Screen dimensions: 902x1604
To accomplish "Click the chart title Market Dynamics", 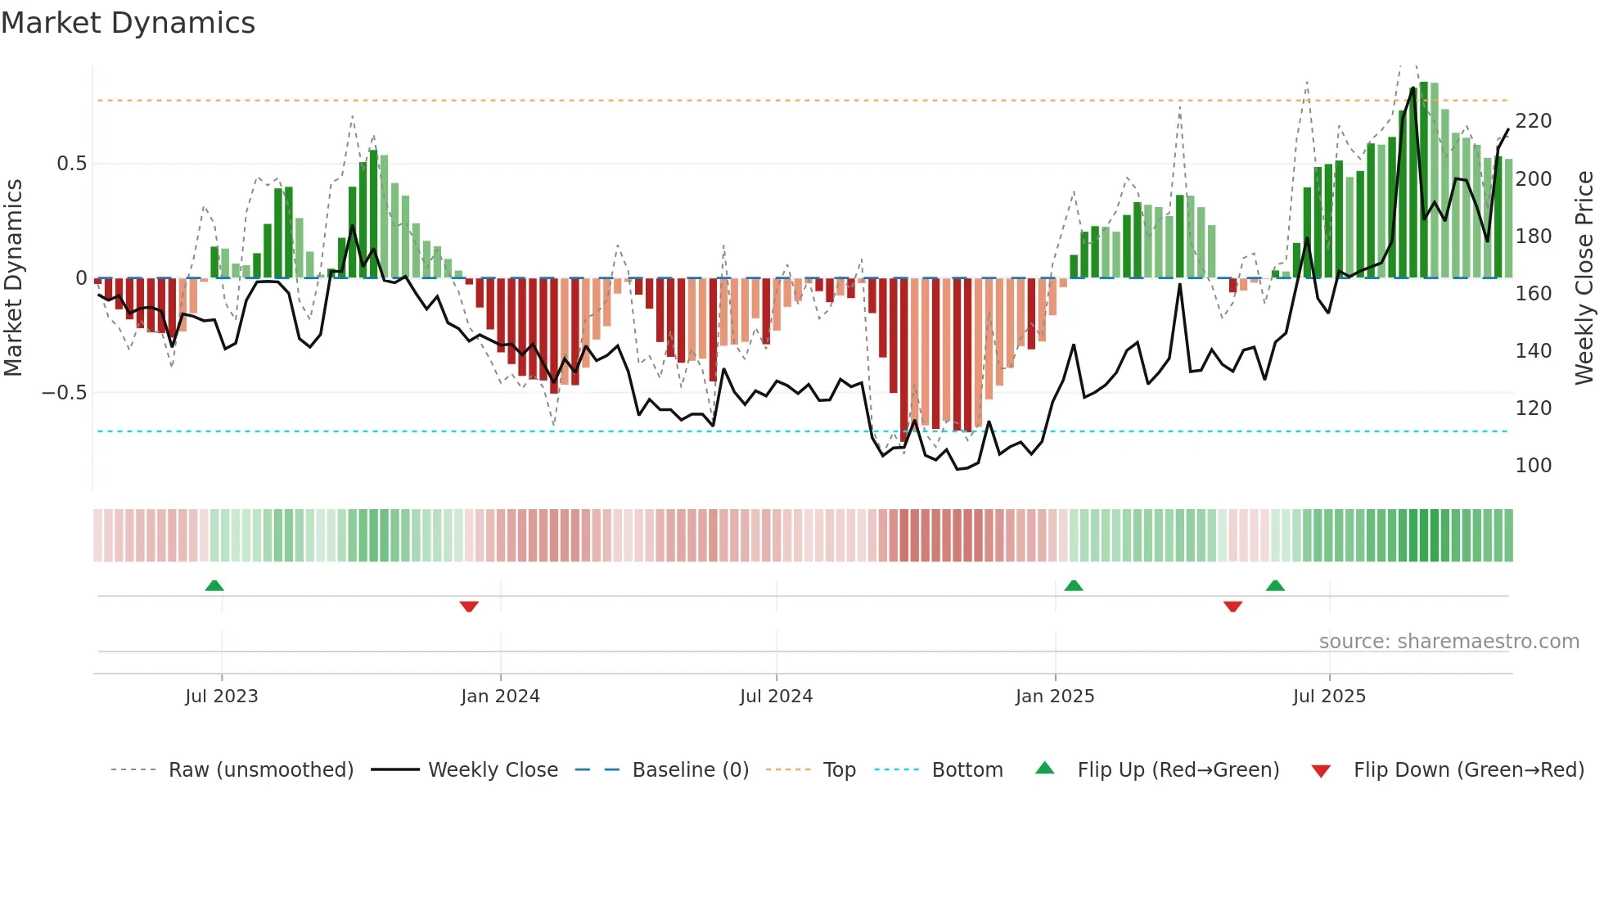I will click(128, 23).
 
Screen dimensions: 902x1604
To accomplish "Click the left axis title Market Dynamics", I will click(14, 277).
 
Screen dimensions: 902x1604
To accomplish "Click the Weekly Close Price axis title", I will click(1584, 277).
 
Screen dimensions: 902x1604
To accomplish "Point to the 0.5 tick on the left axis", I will click(71, 164).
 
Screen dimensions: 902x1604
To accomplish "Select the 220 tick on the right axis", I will click(1533, 121).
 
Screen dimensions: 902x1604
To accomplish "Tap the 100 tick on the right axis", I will click(1533, 466).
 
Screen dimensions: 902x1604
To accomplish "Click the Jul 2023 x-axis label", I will click(221, 697).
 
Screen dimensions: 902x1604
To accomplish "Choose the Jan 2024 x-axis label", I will click(500, 697).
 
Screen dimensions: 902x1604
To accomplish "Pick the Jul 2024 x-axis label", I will click(776, 697).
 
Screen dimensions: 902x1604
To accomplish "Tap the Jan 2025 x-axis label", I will click(1055, 697).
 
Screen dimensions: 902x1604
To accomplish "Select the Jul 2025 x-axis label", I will click(1329, 697).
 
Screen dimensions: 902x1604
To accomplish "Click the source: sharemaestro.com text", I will click(1449, 642).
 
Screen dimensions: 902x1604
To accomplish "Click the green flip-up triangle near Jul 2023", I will click(214, 585).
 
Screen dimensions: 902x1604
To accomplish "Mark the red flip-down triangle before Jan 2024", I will click(469, 607).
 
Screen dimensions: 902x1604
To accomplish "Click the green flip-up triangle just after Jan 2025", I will click(1074, 585).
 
